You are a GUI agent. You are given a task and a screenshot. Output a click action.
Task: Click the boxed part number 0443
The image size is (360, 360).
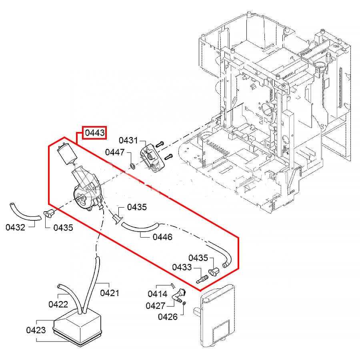(x=95, y=133)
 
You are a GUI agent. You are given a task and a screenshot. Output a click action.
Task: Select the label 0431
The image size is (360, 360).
(x=128, y=141)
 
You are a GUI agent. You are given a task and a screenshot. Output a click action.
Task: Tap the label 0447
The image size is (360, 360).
(x=115, y=152)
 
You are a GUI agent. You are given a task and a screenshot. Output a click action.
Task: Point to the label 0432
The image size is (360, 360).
(x=16, y=228)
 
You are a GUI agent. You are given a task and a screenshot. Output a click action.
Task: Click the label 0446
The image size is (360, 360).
(x=162, y=237)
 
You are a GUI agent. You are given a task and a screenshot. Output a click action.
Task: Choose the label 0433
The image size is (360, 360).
(x=182, y=267)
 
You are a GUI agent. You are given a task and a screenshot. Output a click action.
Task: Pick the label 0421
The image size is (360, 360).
(x=110, y=293)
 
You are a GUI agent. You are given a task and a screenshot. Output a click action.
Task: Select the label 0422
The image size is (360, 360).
(x=58, y=304)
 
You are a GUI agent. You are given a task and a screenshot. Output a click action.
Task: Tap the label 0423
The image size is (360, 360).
(x=36, y=330)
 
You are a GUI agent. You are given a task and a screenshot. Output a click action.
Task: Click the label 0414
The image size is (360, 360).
(x=158, y=294)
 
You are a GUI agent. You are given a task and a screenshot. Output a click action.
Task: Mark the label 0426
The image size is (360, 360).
(x=168, y=317)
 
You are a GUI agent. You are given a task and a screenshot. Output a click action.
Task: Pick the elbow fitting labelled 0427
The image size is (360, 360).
(x=178, y=296)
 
